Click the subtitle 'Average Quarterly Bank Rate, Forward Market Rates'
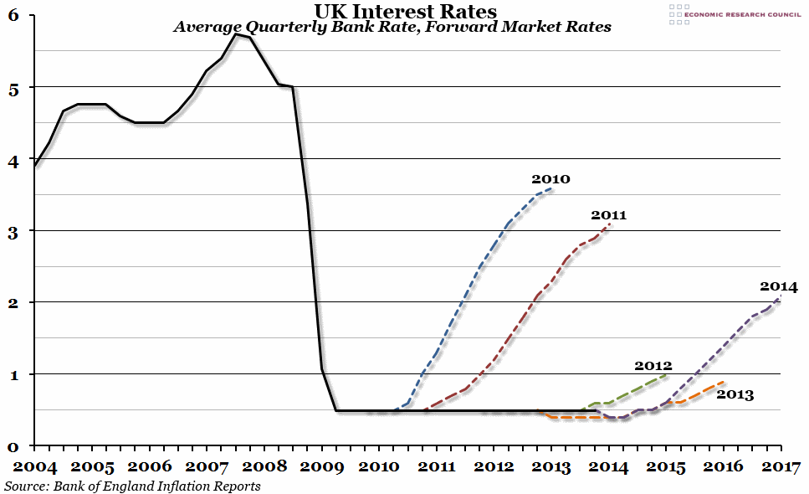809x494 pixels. (x=392, y=27)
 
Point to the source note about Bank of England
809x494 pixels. (x=132, y=486)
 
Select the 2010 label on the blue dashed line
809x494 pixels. (x=550, y=179)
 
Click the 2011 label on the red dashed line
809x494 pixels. (x=608, y=215)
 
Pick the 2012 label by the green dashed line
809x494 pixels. (x=653, y=365)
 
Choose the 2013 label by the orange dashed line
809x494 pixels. (x=735, y=394)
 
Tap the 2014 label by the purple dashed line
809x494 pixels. (x=778, y=286)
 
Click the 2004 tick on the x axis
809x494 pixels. (x=35, y=466)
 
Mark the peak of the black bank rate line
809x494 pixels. (x=238, y=34)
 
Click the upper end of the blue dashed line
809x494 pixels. (x=552, y=188)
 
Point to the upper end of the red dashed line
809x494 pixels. (x=612, y=224)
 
